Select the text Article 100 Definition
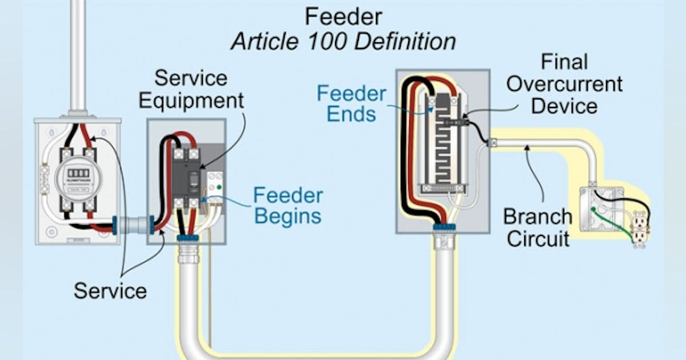(343, 42)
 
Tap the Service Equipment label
(192, 89)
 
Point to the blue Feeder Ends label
(352, 103)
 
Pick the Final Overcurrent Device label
(564, 84)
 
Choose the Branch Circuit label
(537, 227)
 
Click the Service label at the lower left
(110, 291)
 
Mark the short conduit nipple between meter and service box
(133, 225)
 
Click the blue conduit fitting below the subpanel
(444, 227)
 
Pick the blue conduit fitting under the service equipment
(188, 237)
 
